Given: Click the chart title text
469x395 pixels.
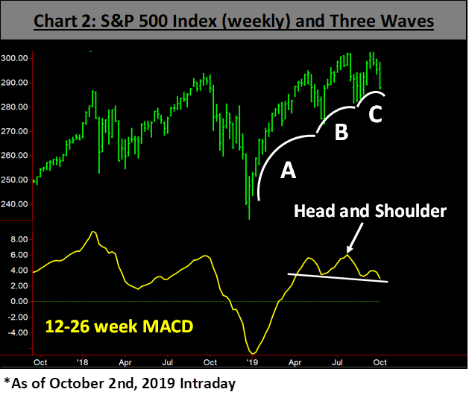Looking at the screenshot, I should click(234, 21).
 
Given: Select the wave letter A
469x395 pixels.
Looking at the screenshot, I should click(288, 171).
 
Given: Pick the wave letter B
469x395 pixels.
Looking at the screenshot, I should click(341, 133).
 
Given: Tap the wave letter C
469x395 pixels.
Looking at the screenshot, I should click(377, 116).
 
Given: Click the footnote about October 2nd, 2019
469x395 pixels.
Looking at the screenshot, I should click(119, 383).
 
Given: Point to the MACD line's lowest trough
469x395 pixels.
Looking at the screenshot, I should click(254, 353).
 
